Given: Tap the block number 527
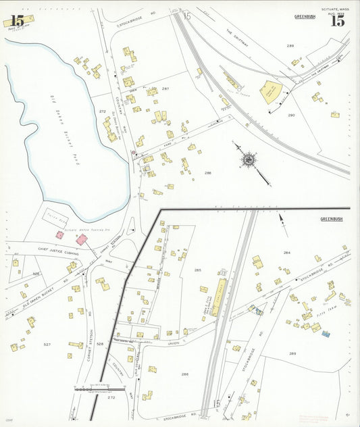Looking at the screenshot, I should pos(47,345).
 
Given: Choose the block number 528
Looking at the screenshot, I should pos(100,344).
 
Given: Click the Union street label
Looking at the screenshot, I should pos(174,343).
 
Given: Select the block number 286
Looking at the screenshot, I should pos(184,374).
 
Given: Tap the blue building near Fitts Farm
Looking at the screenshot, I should pos(325,334).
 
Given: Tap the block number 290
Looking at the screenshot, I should pos(291,116).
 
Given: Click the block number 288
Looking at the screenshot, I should pos(208,174).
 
